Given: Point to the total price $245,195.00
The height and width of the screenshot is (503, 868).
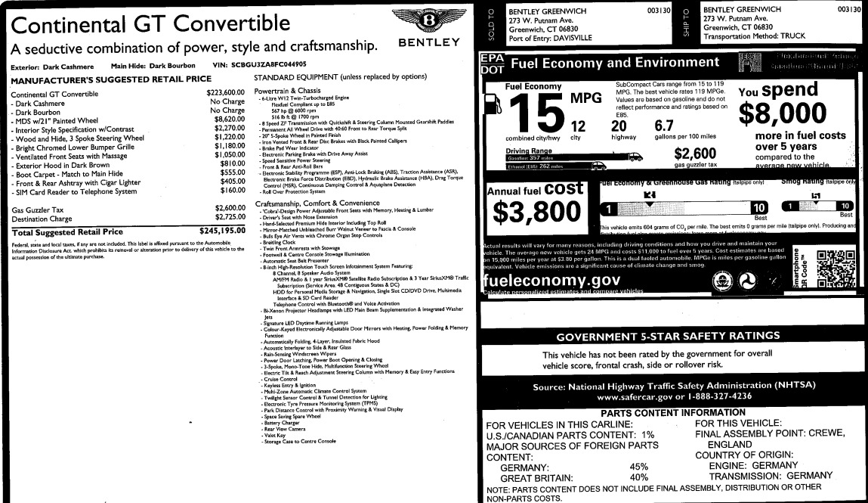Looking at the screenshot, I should coord(218,231).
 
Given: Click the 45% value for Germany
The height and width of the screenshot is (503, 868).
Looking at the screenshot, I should coord(639,467).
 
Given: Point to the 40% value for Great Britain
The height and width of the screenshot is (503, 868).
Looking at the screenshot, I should coord(639,477).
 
